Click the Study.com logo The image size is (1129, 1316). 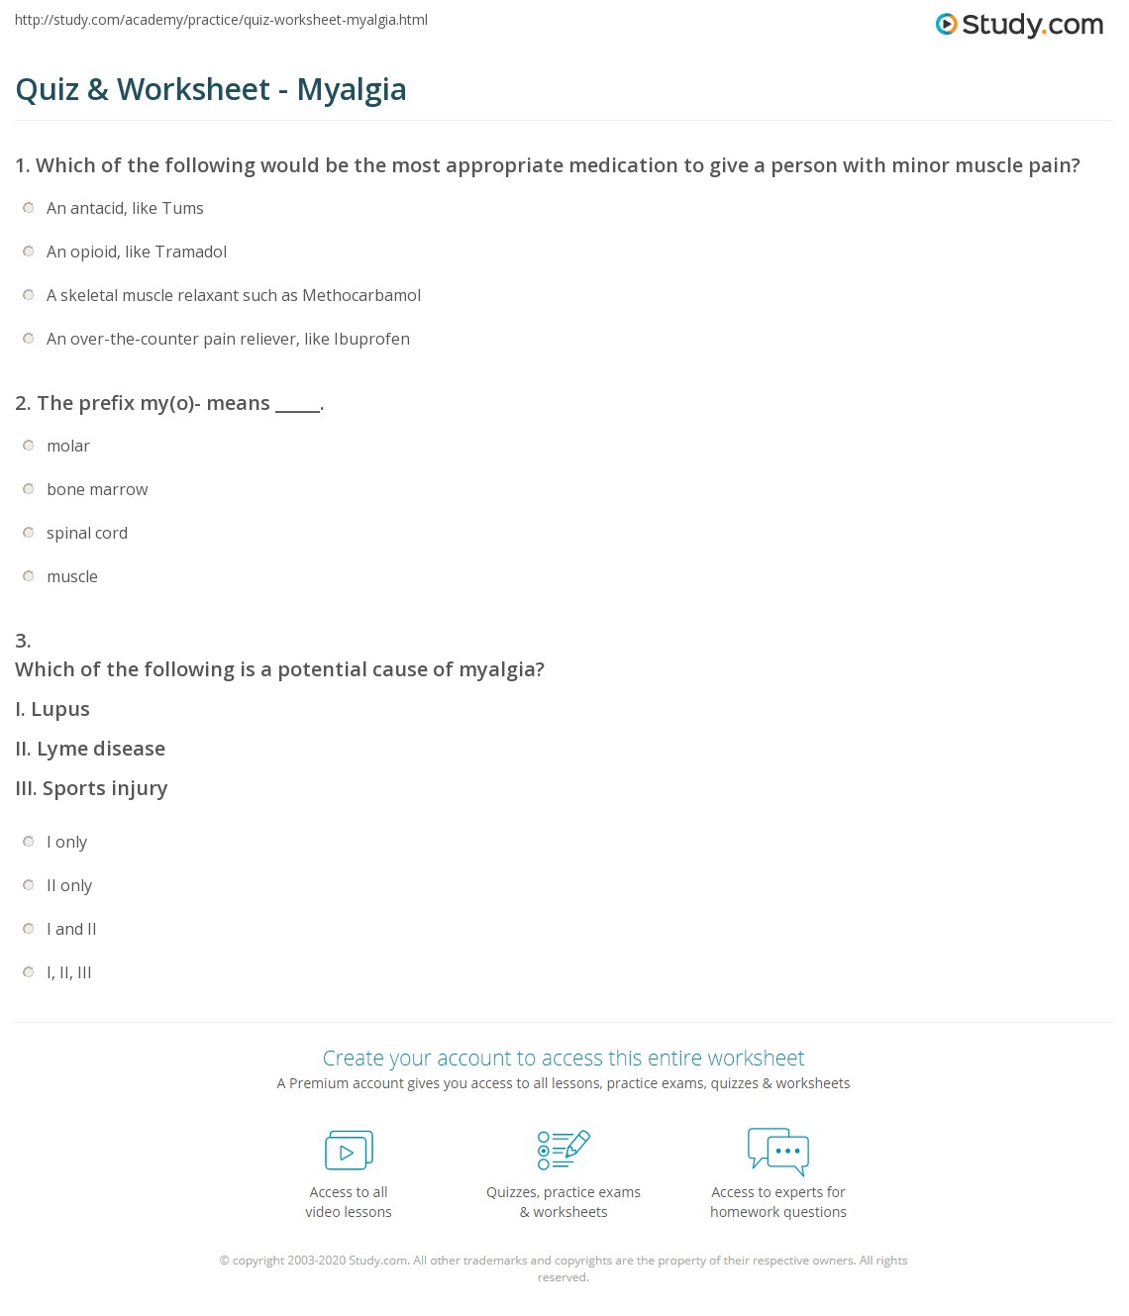click(x=1019, y=25)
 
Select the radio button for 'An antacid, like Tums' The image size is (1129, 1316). click(x=29, y=208)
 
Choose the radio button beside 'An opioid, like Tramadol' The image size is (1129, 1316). click(x=29, y=252)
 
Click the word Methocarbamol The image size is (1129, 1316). click(x=361, y=295)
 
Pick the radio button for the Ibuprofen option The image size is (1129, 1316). click(x=29, y=339)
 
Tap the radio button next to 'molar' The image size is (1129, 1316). click(x=29, y=446)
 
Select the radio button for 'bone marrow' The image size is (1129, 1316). click(x=29, y=489)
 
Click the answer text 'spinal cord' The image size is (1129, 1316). click(x=87, y=533)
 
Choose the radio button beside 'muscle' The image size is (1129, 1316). click(x=29, y=576)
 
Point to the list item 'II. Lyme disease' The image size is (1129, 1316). click(x=90, y=749)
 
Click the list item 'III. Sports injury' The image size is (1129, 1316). click(x=91, y=788)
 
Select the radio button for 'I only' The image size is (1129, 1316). click(x=29, y=842)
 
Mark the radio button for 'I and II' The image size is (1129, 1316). click(x=29, y=929)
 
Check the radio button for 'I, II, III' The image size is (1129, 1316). click(x=29, y=972)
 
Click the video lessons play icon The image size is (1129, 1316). click(x=349, y=1151)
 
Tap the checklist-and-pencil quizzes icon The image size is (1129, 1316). click(x=564, y=1150)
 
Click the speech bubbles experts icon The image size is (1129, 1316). click(x=778, y=1151)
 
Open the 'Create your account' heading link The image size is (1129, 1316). click(x=564, y=1058)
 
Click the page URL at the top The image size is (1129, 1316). click(x=221, y=20)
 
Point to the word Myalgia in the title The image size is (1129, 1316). click(x=352, y=89)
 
